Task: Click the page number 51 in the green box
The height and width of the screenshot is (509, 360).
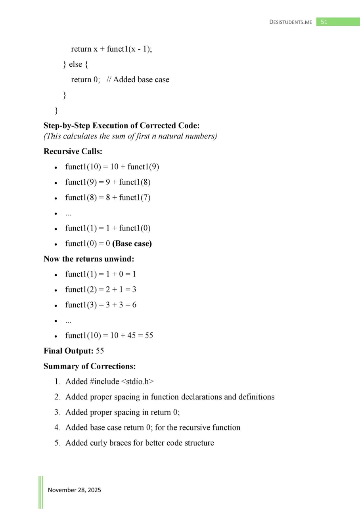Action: [x=324, y=22]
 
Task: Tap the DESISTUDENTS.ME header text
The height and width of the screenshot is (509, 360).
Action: [x=291, y=22]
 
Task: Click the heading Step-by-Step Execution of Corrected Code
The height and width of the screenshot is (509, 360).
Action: [x=121, y=126]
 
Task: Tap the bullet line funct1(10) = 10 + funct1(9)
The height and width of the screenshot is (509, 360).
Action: [x=112, y=167]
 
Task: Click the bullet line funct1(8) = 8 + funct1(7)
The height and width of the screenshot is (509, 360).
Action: [x=108, y=197]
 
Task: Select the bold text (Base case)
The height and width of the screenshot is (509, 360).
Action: [x=132, y=244]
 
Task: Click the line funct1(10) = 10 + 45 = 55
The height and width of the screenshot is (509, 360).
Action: [x=109, y=336]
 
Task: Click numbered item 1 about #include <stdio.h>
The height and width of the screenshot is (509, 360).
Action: [x=109, y=381]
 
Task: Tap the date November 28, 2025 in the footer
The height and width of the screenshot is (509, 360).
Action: [x=75, y=490]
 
